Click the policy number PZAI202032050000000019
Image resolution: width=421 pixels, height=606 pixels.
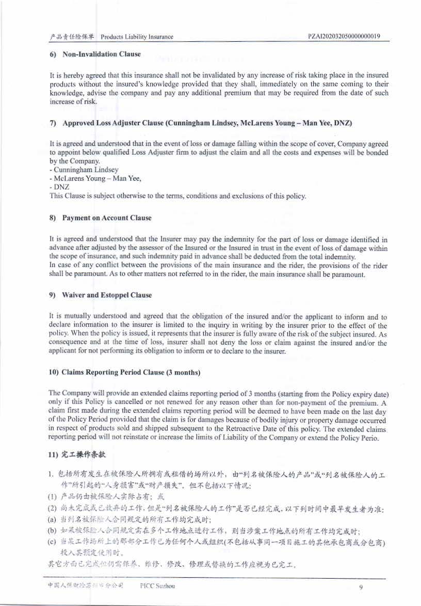tap(344, 37)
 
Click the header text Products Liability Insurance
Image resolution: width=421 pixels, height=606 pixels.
tap(137, 37)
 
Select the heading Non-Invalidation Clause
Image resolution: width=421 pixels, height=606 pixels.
tap(101, 54)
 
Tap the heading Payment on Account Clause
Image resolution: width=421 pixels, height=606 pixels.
tap(107, 218)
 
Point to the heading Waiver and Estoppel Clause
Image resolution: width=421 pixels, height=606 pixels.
tap(107, 295)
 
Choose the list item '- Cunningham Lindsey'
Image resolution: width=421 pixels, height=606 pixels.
tap(84, 170)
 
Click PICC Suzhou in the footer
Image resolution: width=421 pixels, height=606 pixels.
tap(157, 586)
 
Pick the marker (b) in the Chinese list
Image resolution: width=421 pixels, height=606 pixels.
tap(52, 529)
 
